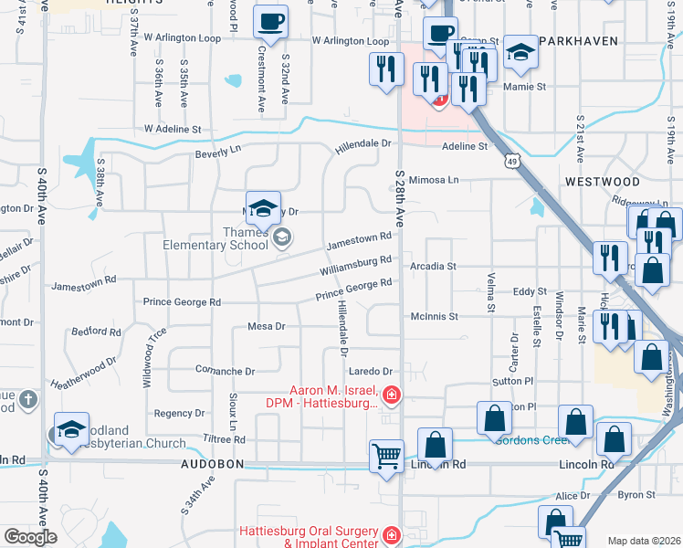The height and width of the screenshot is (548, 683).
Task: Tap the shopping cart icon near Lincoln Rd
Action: (x=387, y=455)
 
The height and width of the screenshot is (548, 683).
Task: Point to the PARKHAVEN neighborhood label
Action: (x=579, y=41)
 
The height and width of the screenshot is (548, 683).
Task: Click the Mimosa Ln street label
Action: (x=434, y=180)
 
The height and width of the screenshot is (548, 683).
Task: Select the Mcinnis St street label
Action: (x=434, y=317)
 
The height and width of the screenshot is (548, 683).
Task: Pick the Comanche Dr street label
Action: (x=225, y=371)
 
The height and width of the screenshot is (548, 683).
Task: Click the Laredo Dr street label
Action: (x=370, y=372)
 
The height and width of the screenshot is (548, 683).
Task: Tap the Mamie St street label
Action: (x=526, y=87)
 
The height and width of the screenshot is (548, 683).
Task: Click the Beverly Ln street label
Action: (x=216, y=154)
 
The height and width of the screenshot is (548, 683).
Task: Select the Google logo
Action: (x=29, y=537)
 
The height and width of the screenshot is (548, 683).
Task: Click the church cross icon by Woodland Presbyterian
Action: (x=28, y=400)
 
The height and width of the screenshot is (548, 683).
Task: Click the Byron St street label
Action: (x=631, y=494)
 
